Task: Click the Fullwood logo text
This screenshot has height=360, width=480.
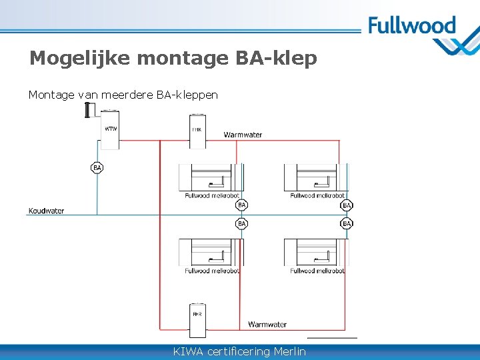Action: [411, 27]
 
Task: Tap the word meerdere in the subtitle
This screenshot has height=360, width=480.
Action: [126, 95]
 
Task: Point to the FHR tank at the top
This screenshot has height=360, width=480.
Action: [197, 129]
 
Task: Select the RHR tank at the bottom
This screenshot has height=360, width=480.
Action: [197, 319]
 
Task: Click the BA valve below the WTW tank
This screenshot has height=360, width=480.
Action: [97, 167]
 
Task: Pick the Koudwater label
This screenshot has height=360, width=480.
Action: [46, 211]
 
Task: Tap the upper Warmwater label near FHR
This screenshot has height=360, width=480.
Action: [243, 135]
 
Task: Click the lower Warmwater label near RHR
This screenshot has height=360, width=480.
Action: [267, 325]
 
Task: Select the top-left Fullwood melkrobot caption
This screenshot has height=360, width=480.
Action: [211, 195]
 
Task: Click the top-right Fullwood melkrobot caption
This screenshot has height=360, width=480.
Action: [317, 195]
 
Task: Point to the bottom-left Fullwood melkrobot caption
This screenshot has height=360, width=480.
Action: [211, 271]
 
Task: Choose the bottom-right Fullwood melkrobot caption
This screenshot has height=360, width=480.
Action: [317, 271]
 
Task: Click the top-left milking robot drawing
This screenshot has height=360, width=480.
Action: [210, 177]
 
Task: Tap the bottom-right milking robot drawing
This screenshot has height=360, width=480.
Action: [315, 253]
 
